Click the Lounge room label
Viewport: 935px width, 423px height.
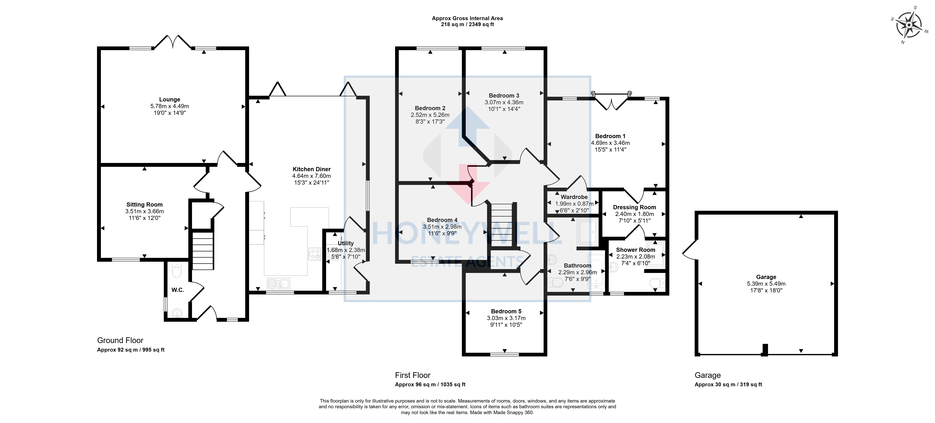pyautogui.click(x=170, y=99)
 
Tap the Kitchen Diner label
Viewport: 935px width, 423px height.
pyautogui.click(x=311, y=169)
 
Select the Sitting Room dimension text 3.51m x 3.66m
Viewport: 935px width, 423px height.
pyautogui.click(x=145, y=211)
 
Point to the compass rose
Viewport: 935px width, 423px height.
pyautogui.click(x=909, y=25)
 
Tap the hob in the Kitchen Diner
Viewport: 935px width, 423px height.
pyautogui.click(x=314, y=254)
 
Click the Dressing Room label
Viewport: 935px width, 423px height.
pyautogui.click(x=634, y=207)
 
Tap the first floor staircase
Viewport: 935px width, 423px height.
pyautogui.click(x=501, y=225)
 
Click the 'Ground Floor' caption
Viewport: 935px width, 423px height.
pyautogui.click(x=120, y=340)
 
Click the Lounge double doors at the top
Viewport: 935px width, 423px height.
pyautogui.click(x=173, y=42)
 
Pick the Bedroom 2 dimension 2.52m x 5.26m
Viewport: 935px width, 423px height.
pyautogui.click(x=430, y=115)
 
